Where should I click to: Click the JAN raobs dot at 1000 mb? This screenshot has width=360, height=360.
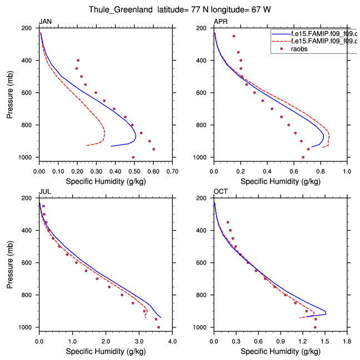click(133, 157)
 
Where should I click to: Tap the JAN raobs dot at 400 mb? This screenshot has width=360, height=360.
click(78, 60)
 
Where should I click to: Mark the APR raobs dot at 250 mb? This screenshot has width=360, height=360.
click(234, 36)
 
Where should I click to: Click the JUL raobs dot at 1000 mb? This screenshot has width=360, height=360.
click(158, 327)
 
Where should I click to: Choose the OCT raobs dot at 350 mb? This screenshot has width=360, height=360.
click(228, 222)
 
